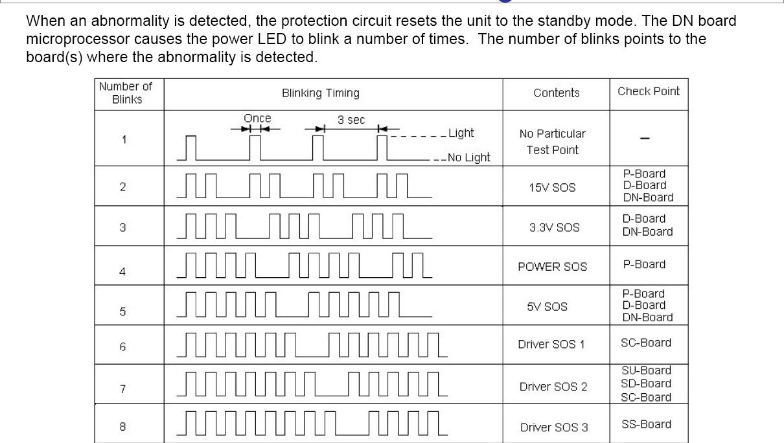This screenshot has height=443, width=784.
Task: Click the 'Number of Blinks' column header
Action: point(126,93)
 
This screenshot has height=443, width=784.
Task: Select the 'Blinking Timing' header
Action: point(320,93)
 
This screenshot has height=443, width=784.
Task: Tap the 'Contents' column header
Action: point(556,93)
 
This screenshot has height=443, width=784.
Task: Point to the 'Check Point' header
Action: point(649,91)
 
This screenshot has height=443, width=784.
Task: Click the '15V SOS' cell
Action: point(552,188)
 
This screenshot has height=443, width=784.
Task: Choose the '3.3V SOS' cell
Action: point(554,227)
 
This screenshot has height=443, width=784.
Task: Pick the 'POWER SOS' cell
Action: point(552,267)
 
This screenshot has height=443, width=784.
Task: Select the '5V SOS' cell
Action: point(547,306)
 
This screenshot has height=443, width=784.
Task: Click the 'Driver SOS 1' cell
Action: point(551,345)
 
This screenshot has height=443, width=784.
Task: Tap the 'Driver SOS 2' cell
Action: point(553,387)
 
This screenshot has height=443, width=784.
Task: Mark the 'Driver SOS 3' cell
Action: point(554,427)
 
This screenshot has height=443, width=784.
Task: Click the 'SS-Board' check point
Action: point(646,424)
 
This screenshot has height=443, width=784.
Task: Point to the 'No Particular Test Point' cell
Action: point(552,142)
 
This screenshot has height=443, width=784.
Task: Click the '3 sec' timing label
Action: point(351,120)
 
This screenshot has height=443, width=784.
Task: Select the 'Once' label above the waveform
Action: point(257,119)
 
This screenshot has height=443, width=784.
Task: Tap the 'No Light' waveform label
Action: point(468,157)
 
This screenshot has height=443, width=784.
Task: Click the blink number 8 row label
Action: point(122,427)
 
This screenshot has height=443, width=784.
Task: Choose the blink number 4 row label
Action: point(122,271)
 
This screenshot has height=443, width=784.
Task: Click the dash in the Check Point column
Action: point(645,139)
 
